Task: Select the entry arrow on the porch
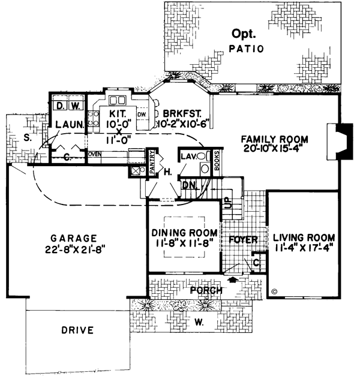(232, 280)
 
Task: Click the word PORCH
(206, 290)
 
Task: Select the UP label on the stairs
(228, 203)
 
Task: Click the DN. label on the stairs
(188, 185)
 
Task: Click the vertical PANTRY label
(152, 160)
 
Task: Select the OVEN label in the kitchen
(94, 154)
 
